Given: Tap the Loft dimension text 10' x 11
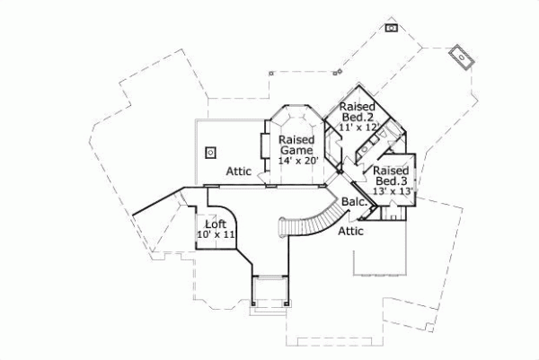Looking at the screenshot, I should pos(216,234).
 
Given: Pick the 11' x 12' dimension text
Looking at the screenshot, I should pos(359,127).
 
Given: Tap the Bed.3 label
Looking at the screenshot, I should pos(391,180).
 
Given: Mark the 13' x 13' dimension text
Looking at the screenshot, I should pos(392,190).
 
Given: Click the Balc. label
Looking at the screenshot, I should pos(355,203).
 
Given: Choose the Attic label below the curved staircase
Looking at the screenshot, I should pos(350,231).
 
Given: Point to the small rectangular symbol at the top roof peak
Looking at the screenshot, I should pos(392,28).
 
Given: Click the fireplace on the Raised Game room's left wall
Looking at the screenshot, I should pos(264,146).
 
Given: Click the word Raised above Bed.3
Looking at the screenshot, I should pos(392,170).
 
